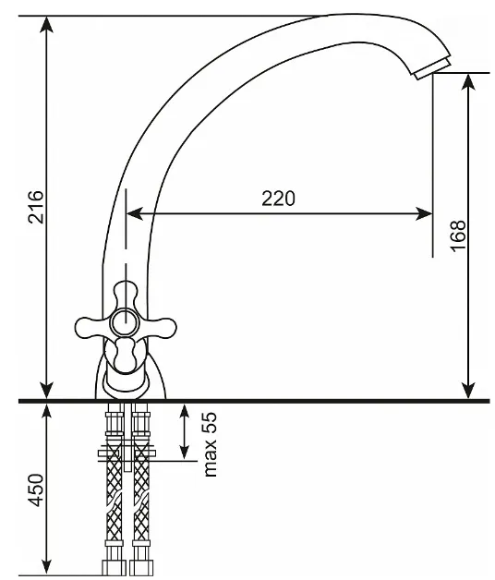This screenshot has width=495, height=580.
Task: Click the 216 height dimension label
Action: coord(36,207)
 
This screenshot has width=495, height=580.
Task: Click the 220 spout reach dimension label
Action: coord(279,199)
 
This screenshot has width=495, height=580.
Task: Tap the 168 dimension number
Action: coord(458,236)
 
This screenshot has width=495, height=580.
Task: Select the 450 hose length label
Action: coord(36,489)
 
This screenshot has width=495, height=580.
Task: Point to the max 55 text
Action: coord(210,444)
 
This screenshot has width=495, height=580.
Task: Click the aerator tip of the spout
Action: coord(432,68)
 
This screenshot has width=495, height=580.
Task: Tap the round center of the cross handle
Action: coord(126,322)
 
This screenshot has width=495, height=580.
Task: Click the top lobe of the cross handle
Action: coord(125,295)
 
